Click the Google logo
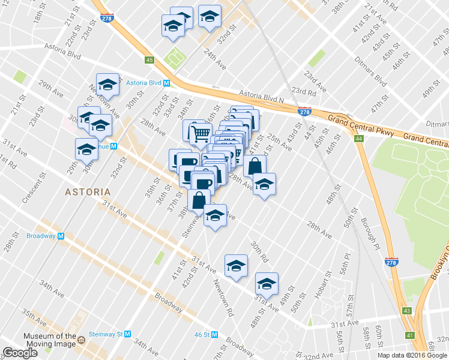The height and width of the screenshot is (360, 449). coord(20,353)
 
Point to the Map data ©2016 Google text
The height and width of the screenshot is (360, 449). coord(412,355)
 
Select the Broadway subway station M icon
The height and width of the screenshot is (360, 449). coord(61,236)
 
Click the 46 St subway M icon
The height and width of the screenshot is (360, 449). coord(214,334)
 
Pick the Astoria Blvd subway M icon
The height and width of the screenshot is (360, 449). coord(166,83)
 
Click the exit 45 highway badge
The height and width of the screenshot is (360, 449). coord(149,59)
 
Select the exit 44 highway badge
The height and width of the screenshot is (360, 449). coord(359,139)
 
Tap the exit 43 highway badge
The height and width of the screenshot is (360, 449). coord(407,310)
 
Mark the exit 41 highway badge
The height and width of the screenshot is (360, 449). coord(409,335)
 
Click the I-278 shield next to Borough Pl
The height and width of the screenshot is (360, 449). coord(391,263)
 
